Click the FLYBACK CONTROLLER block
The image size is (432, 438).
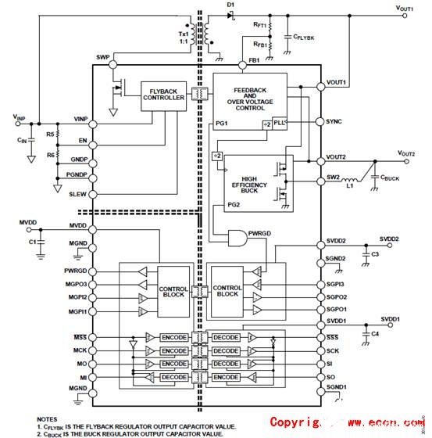[163, 94]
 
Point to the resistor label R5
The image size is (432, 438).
[50, 135]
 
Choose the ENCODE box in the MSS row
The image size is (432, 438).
[174, 336]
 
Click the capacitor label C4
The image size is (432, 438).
[375, 334]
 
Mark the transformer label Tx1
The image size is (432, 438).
[184, 33]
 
